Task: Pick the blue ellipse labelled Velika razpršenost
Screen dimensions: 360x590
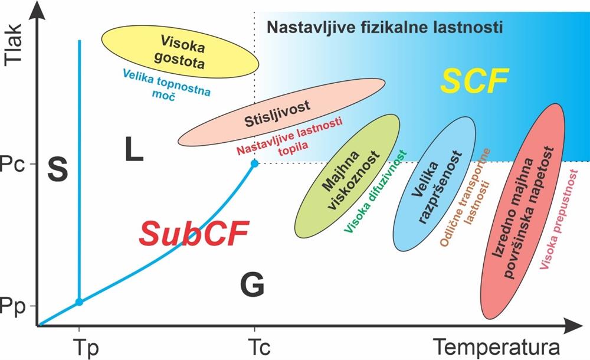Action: click(x=434, y=183)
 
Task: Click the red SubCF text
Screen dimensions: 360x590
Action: click(x=194, y=233)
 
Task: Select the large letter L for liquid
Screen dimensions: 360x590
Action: click(x=134, y=150)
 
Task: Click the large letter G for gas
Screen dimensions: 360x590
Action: click(x=252, y=285)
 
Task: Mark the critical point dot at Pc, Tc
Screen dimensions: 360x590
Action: click(x=254, y=163)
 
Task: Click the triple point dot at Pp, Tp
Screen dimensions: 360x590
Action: click(x=80, y=302)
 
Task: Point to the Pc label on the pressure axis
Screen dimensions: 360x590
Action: click(x=14, y=163)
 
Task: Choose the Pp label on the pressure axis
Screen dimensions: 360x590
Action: click(x=14, y=305)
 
